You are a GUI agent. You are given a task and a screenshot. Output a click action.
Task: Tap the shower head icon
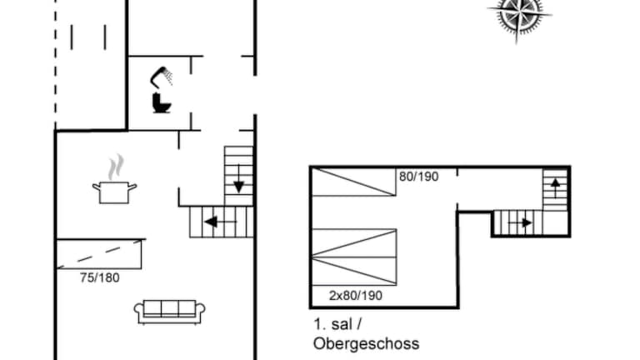[x=161, y=77]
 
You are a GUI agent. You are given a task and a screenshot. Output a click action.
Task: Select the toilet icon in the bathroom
[x=161, y=102]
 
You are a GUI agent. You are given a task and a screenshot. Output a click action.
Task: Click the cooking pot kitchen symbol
[x=114, y=192]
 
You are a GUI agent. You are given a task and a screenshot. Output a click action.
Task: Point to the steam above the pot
[x=116, y=167]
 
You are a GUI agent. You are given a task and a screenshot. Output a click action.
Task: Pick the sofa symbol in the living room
[x=169, y=312]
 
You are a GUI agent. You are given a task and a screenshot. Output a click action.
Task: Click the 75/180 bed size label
[x=100, y=278]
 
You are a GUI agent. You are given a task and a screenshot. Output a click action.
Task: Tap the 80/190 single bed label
[x=419, y=177]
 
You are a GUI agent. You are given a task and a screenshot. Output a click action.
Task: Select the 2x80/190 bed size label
[x=356, y=296]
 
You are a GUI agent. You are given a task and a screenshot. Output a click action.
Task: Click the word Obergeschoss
[x=366, y=343]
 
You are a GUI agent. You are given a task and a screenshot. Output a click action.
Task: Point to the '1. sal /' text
[x=337, y=324]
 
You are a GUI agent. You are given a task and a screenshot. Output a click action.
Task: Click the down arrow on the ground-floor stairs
[x=239, y=179]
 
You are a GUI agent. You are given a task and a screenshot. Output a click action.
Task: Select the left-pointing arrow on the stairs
[x=220, y=222]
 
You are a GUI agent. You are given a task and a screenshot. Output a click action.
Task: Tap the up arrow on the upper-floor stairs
[x=555, y=187]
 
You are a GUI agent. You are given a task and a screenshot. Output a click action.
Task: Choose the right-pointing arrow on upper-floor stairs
[x=520, y=222]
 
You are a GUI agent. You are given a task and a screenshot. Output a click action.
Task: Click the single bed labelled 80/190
[x=353, y=182]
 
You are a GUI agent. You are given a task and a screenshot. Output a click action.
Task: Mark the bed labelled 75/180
[x=99, y=254]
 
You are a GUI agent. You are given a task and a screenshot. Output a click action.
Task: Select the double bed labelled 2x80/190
[x=354, y=257]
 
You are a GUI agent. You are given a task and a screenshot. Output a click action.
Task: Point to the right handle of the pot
[x=132, y=187]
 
